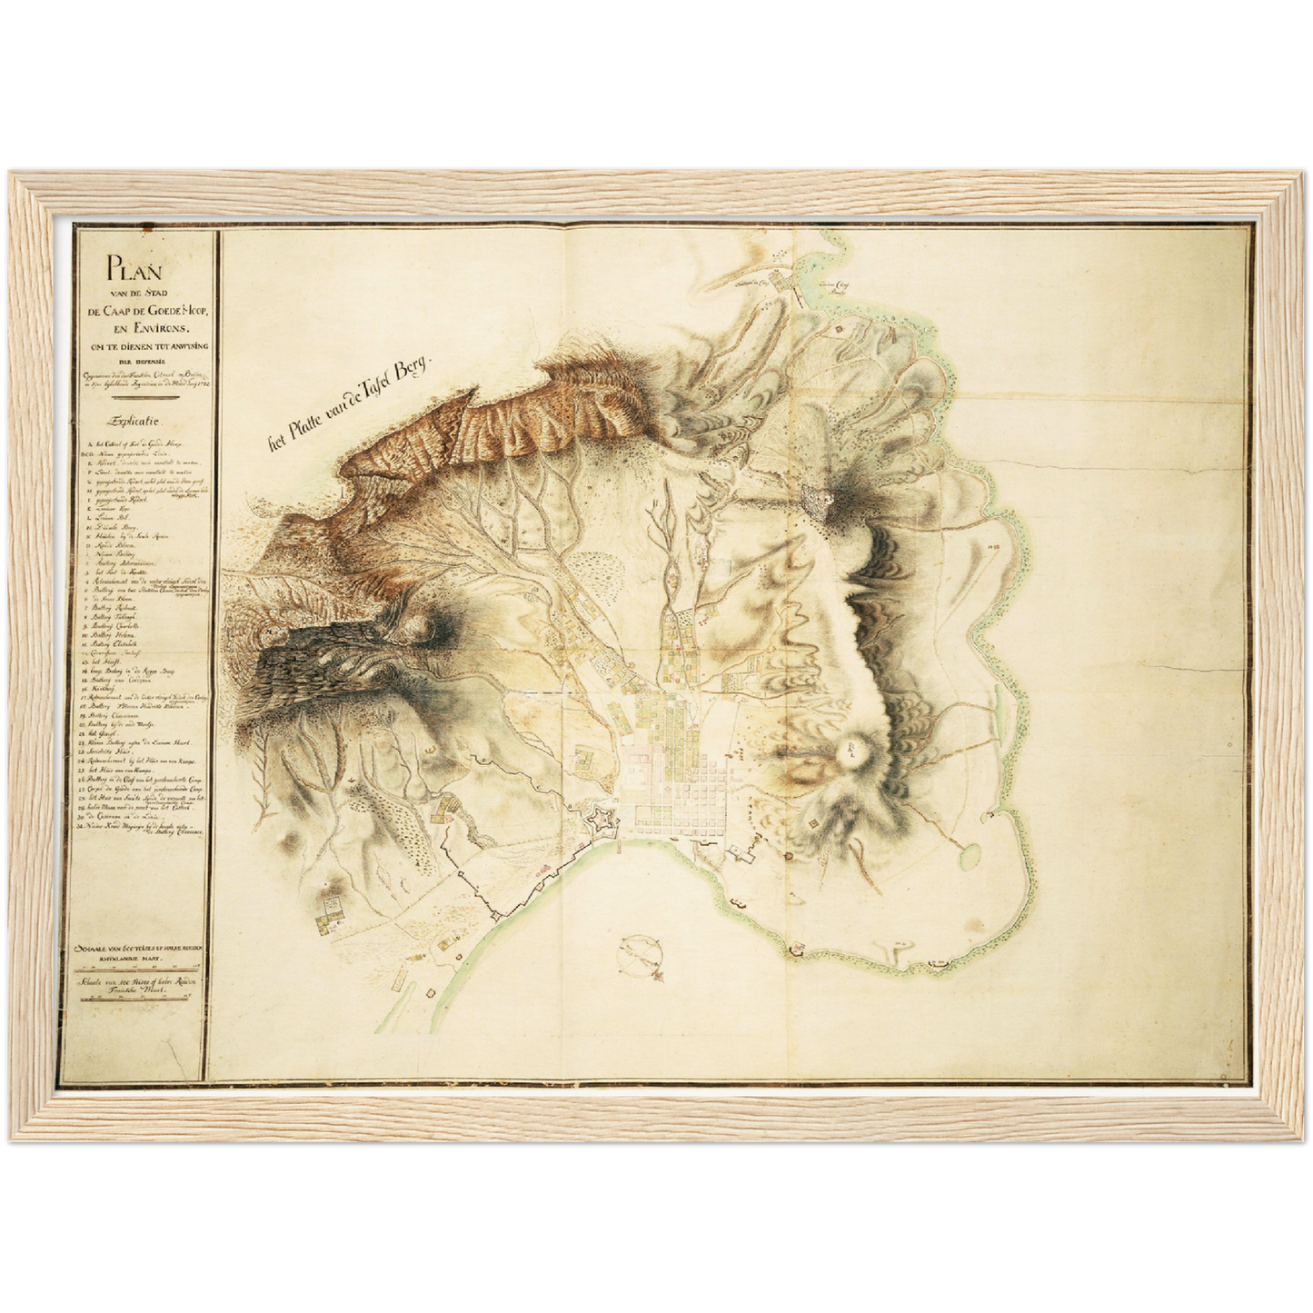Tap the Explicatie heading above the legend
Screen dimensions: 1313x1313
click(x=135, y=421)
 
